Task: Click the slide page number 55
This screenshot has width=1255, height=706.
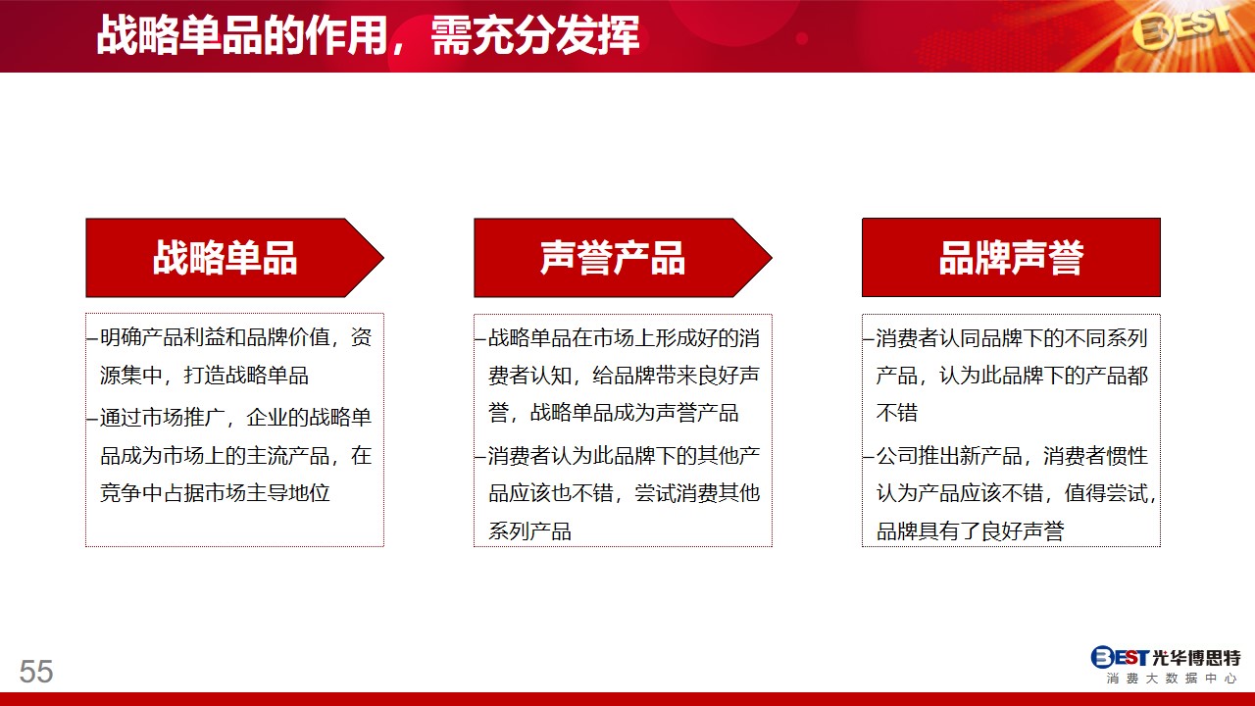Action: tap(36, 671)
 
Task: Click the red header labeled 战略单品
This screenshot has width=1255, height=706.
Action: tap(234, 258)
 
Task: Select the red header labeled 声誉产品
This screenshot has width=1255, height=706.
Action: tap(623, 258)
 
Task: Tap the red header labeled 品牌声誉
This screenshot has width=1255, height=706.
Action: tap(1011, 258)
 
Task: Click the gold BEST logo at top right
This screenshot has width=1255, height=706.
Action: tap(1181, 30)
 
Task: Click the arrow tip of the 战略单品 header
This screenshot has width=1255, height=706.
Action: tap(383, 258)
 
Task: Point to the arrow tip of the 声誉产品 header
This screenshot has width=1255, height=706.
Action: tap(772, 258)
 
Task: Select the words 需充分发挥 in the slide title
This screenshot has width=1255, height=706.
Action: tap(535, 35)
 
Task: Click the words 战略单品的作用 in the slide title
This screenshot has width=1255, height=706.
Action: tap(242, 35)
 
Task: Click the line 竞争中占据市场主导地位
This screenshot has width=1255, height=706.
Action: tap(215, 493)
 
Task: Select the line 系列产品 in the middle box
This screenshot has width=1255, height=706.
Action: tap(529, 531)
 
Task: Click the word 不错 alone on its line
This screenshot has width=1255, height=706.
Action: tap(897, 413)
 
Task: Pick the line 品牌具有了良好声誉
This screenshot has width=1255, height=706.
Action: tap(970, 531)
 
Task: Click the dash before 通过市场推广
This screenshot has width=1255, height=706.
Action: tap(93, 419)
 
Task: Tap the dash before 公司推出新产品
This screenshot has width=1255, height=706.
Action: tap(869, 457)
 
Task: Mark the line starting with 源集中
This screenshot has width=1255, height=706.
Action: tap(204, 375)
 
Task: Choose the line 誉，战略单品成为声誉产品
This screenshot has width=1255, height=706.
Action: tap(613, 413)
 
